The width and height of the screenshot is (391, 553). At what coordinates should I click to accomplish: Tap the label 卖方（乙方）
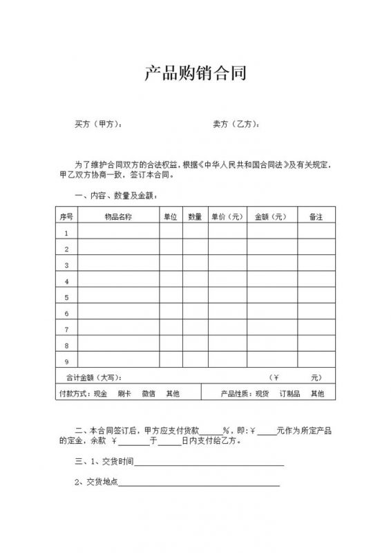[236, 124]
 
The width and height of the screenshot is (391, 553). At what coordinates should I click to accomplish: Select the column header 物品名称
[118, 216]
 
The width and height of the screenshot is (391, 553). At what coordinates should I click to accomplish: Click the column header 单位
[171, 216]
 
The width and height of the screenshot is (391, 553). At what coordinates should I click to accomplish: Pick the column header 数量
[195, 216]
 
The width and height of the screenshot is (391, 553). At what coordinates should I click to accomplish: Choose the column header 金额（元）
[271, 216]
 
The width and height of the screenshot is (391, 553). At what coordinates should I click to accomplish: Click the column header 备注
[316, 216]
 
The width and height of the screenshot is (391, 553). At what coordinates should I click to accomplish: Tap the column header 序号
[66, 216]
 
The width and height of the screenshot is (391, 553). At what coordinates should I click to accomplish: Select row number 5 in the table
[66, 298]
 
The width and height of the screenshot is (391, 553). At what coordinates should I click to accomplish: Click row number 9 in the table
[66, 362]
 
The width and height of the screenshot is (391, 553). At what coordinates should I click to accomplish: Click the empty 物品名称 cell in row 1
[118, 233]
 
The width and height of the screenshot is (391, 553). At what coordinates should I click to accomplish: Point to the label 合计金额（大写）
[93, 378]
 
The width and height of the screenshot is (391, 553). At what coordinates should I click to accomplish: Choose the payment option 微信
[148, 393]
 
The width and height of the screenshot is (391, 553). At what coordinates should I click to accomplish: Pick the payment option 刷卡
[124, 393]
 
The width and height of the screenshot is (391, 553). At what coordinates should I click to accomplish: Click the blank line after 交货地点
[200, 483]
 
